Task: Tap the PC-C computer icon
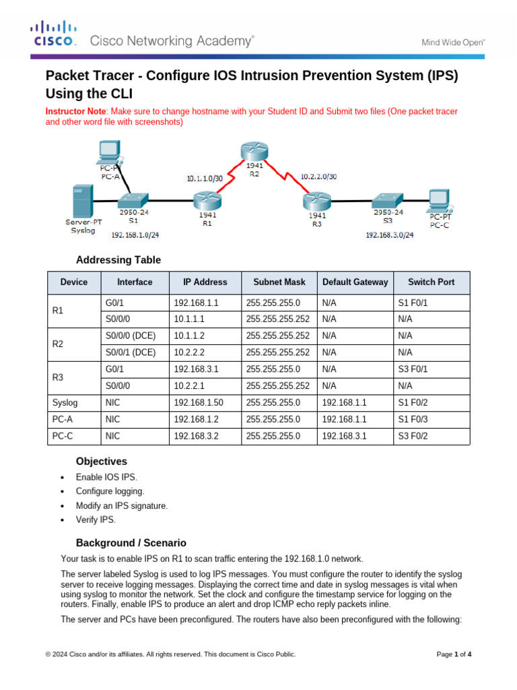point(440,198)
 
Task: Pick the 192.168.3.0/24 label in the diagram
point(389,235)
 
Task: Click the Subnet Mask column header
point(279,282)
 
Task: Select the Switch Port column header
point(431,282)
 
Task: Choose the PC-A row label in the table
point(62,420)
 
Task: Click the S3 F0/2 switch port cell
point(413,437)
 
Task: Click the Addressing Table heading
point(118,260)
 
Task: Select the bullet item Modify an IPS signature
point(121,505)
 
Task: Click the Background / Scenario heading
point(131,542)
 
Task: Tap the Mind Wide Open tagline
point(453,42)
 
